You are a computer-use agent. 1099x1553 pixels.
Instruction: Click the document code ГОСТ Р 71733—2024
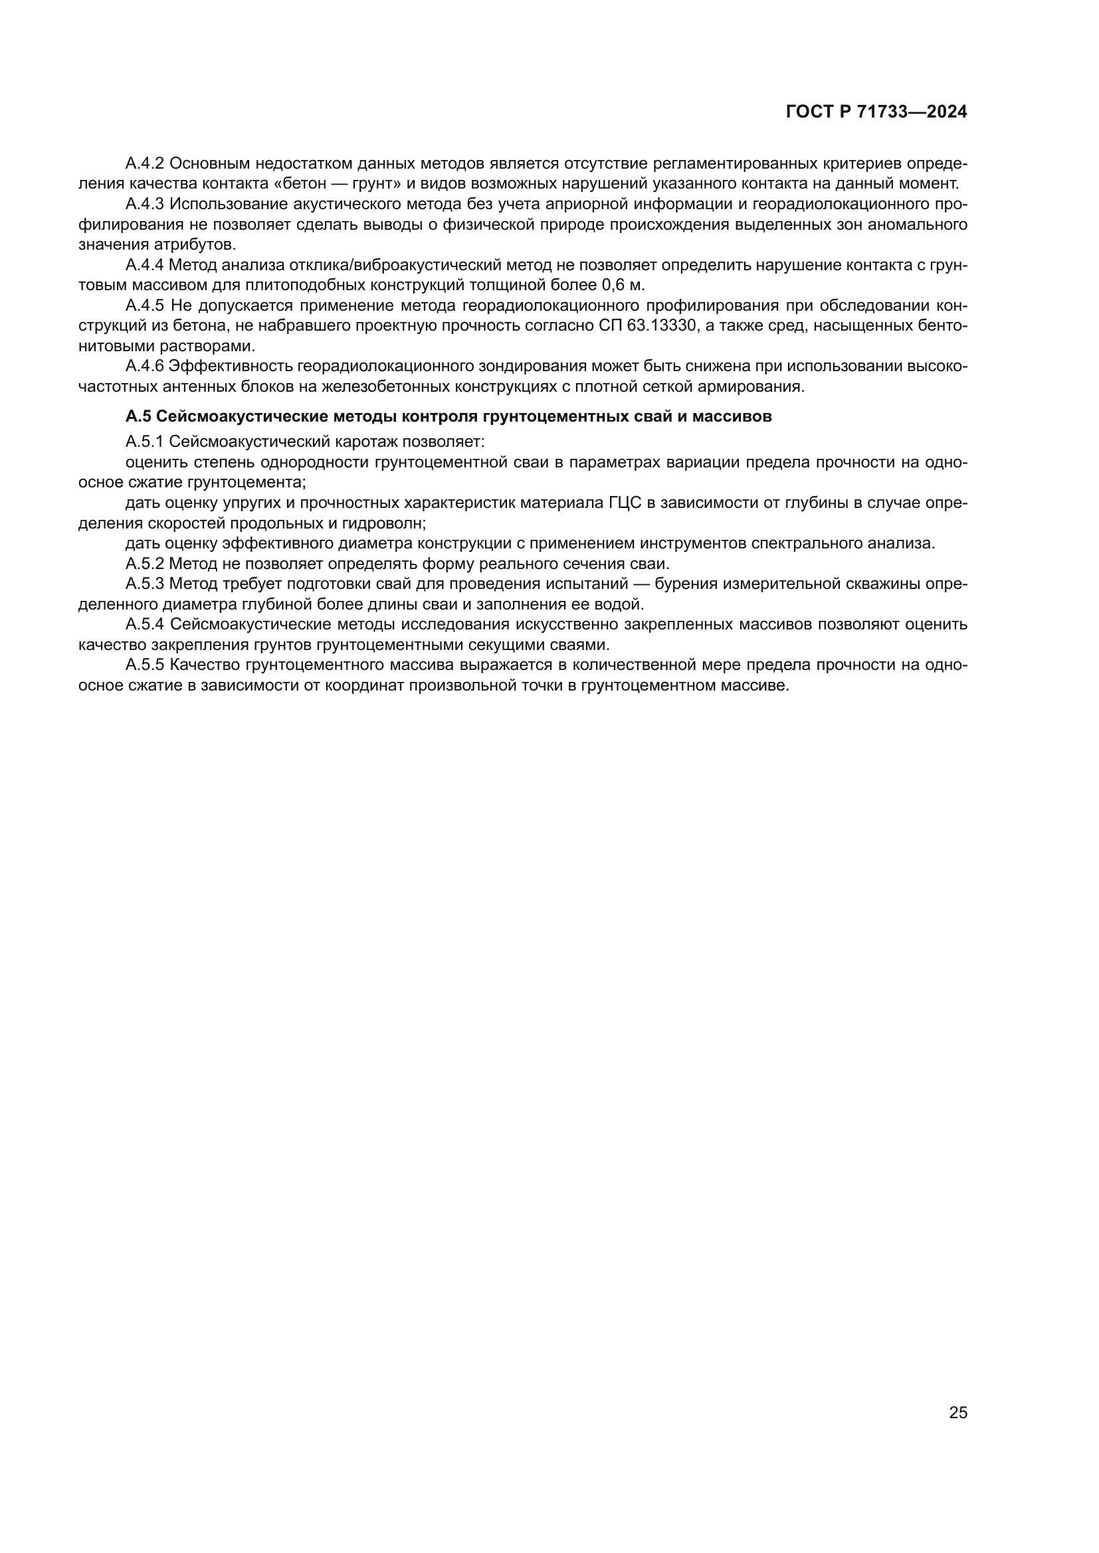point(876,112)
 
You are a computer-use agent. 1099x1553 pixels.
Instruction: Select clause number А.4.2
point(145,164)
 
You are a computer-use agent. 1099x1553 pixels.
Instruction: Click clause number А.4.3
point(145,204)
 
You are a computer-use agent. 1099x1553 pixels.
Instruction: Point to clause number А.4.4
point(145,265)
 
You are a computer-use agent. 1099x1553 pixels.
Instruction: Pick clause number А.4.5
point(145,305)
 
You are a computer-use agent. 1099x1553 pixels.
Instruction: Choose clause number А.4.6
point(145,367)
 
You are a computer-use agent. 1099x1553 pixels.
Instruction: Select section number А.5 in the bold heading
point(138,417)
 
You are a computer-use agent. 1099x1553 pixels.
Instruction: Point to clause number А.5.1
point(145,442)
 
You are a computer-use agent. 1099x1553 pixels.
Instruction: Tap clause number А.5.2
point(145,564)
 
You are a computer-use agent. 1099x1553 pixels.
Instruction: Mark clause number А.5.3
point(145,584)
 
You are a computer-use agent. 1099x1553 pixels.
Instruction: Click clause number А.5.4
point(145,624)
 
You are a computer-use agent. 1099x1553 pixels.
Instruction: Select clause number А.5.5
point(145,665)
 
